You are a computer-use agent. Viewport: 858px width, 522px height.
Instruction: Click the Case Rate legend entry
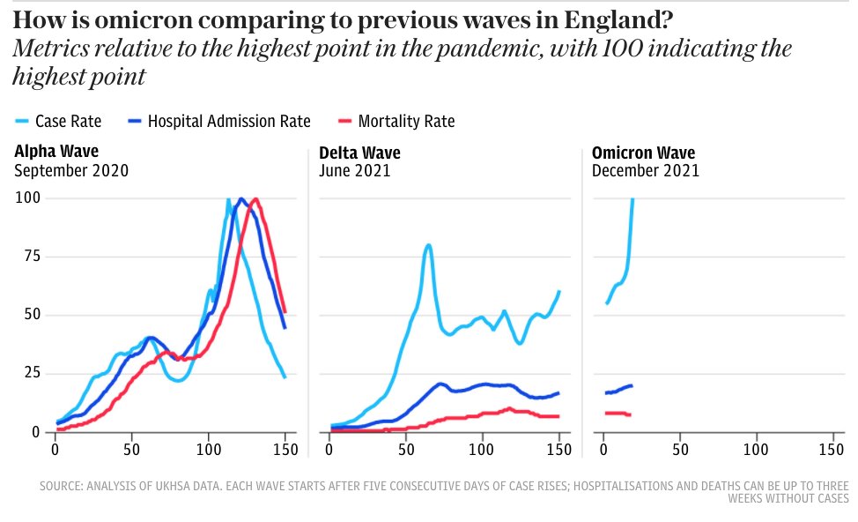69,122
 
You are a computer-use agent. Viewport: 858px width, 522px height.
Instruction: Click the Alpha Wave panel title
56,153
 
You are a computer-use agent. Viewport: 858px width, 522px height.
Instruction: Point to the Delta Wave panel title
359,153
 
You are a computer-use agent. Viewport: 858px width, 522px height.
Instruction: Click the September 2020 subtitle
71,171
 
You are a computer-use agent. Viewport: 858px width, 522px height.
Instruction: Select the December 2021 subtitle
646,171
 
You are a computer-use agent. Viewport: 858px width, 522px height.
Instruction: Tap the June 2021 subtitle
355,171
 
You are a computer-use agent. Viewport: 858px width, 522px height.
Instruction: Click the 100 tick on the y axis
28,198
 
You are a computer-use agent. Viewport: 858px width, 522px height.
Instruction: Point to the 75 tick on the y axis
32,257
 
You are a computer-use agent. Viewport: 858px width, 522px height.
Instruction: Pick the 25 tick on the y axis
32,374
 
